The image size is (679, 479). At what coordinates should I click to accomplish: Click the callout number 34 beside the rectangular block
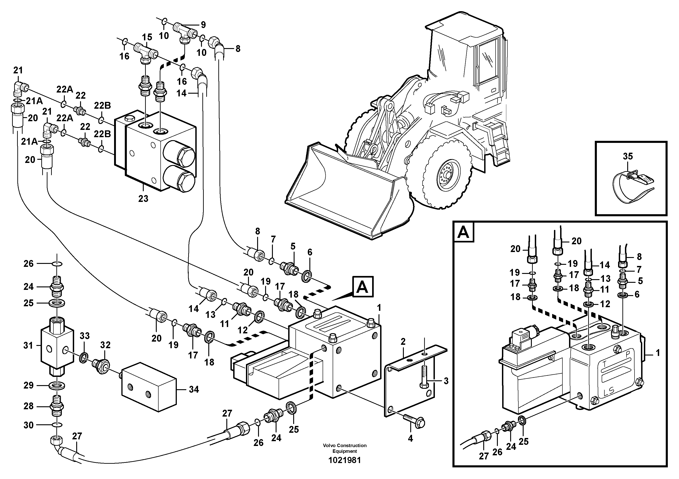(x=194, y=389)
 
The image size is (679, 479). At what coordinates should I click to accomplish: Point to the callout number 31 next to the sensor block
(x=28, y=345)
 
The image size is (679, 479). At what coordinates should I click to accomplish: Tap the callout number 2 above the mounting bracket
(x=403, y=342)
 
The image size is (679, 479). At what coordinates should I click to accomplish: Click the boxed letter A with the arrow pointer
(x=363, y=287)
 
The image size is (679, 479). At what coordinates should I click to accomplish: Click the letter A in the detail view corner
(x=463, y=233)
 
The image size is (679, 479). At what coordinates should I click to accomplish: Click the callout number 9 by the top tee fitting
(x=203, y=25)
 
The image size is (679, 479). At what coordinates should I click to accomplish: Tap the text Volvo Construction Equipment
(x=345, y=448)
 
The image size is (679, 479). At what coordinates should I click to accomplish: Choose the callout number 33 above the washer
(x=85, y=336)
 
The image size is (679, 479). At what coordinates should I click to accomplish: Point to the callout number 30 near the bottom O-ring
(x=28, y=425)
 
